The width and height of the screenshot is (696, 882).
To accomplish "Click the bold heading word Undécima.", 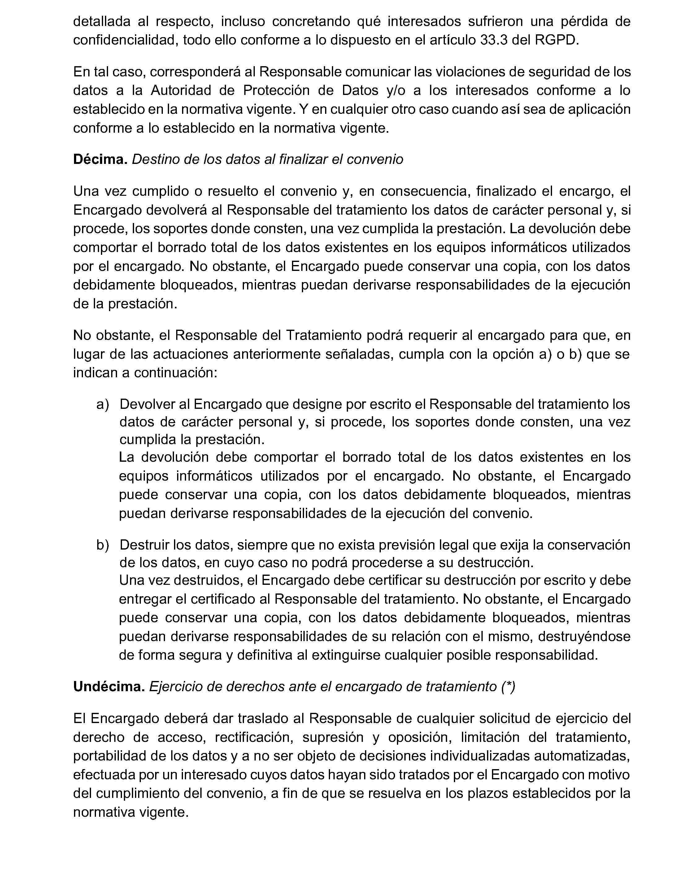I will [109, 687].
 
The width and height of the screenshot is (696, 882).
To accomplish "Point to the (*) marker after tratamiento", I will [508, 687].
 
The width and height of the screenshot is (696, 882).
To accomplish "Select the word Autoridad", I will [181, 90].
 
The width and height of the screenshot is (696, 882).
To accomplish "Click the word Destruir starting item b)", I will [145, 545].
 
